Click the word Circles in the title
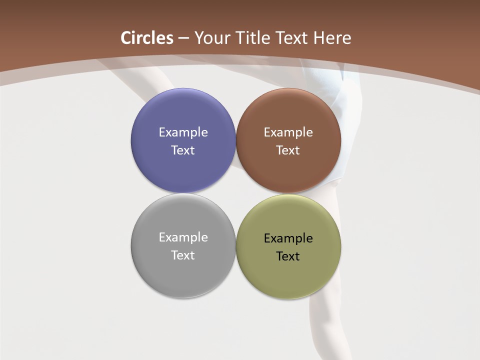(x=147, y=38)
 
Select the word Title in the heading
(x=254, y=38)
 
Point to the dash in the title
(x=183, y=38)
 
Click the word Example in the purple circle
(x=183, y=132)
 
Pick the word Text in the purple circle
(x=183, y=150)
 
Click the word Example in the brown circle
(x=288, y=132)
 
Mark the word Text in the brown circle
(x=288, y=150)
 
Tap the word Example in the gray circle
(x=183, y=237)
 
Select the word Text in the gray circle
(x=183, y=255)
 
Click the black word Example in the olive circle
(x=288, y=238)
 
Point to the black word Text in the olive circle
(x=288, y=256)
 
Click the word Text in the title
(x=292, y=38)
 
